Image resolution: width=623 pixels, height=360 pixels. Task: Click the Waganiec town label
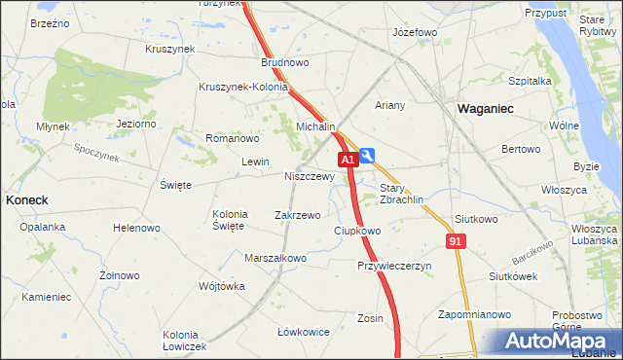point(486,110)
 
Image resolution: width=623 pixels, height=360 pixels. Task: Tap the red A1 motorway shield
point(347,159)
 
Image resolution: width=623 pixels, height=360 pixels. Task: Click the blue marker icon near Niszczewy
point(367,155)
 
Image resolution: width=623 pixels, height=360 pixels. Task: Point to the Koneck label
point(27,198)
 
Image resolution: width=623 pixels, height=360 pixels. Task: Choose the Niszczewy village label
point(310,177)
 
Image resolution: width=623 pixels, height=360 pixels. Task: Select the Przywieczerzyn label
point(393,265)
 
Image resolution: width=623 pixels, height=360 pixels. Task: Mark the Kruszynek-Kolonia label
point(243,87)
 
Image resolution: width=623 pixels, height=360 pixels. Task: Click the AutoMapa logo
point(560,341)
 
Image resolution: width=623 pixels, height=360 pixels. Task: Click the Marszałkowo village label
point(276,258)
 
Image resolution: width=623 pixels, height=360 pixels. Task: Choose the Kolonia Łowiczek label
point(185,341)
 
